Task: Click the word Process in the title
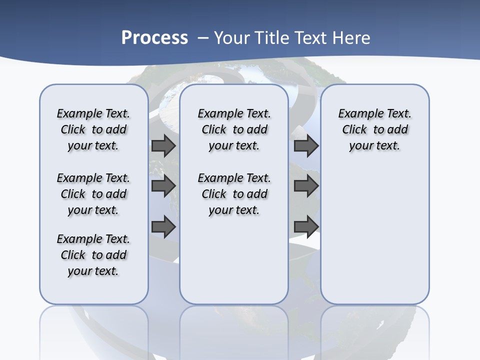pyautogui.click(x=154, y=37)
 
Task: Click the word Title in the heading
pyautogui.click(x=272, y=37)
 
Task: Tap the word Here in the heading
pyautogui.click(x=351, y=37)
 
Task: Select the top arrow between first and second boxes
pyautogui.click(x=163, y=145)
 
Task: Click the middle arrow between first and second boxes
pyautogui.click(x=163, y=186)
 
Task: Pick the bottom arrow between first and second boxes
pyautogui.click(x=163, y=226)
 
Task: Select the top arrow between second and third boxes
pyautogui.click(x=306, y=145)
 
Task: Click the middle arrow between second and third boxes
pyautogui.click(x=306, y=186)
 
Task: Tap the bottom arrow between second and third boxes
pyautogui.click(x=306, y=226)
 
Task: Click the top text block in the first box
pyautogui.click(x=93, y=129)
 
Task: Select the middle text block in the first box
pyautogui.click(x=93, y=194)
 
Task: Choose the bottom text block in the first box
pyautogui.click(x=93, y=255)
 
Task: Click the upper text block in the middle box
pyautogui.click(x=234, y=129)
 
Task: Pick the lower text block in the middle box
pyautogui.click(x=234, y=194)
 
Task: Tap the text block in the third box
pyautogui.click(x=375, y=129)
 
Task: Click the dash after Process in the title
pyautogui.click(x=202, y=37)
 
